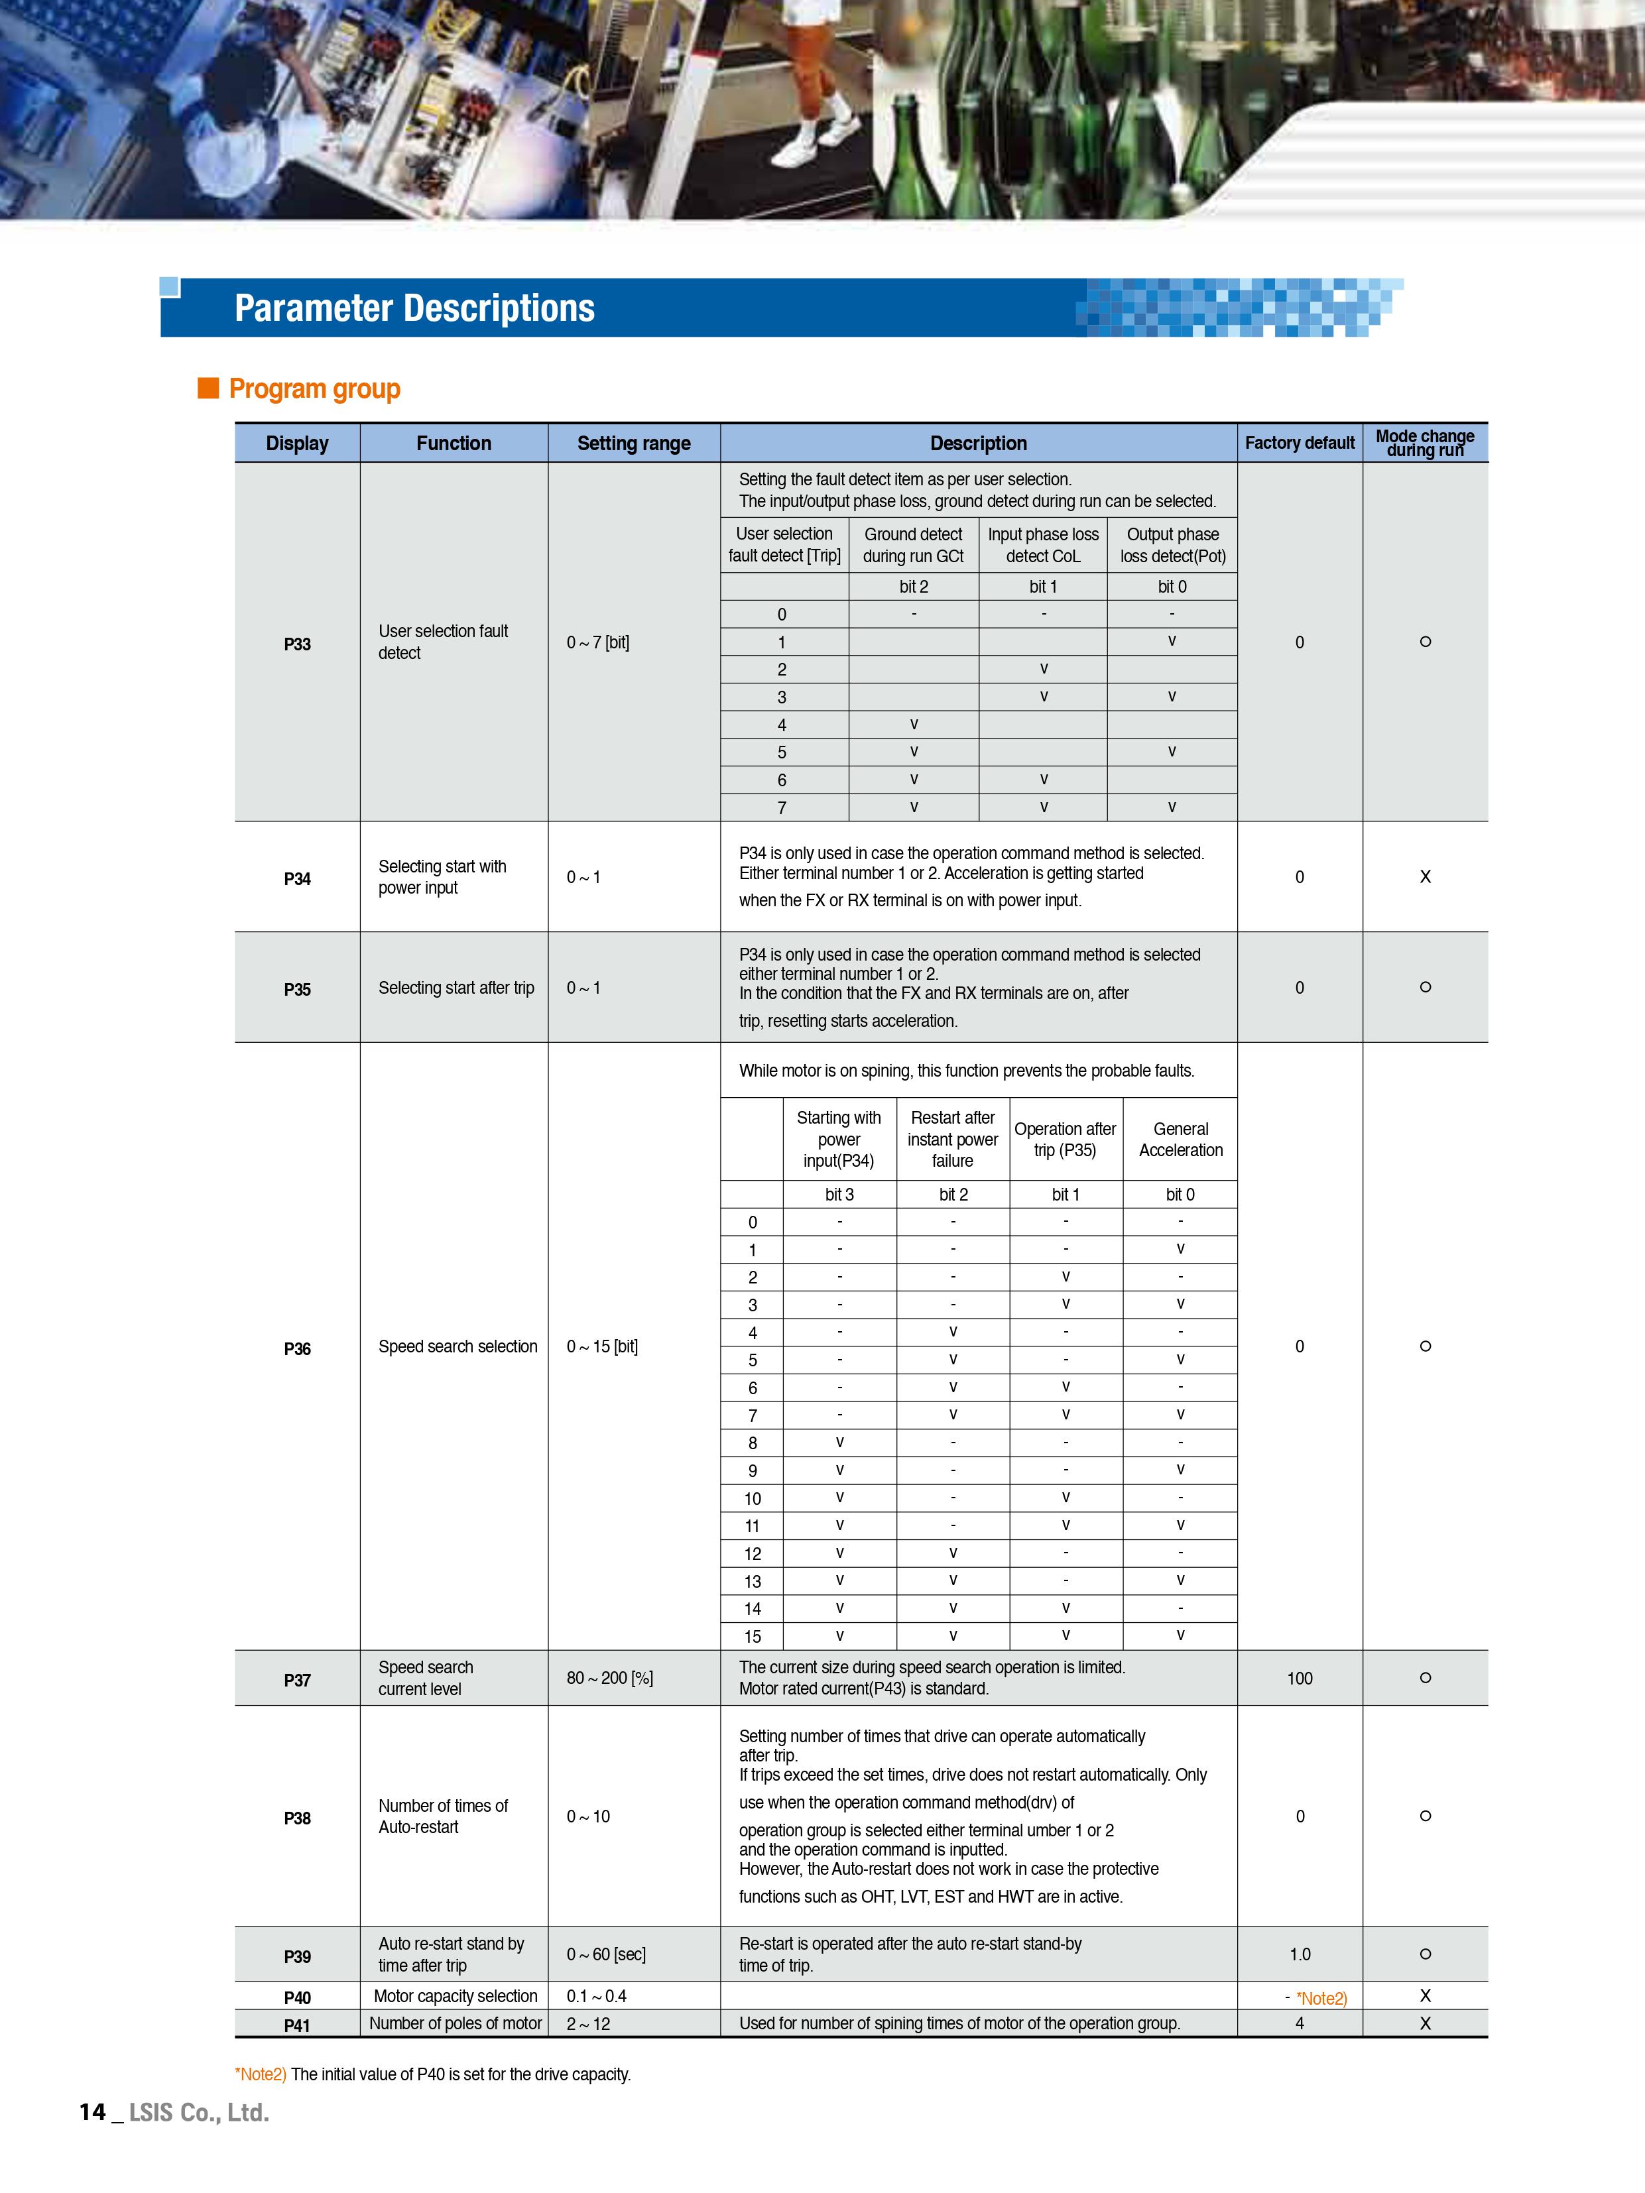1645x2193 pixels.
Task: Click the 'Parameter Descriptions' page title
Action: point(414,308)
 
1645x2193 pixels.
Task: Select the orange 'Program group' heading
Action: point(314,388)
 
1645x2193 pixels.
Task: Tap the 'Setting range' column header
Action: point(634,443)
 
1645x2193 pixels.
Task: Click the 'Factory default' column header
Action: point(1299,443)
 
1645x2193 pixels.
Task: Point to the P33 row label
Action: point(298,644)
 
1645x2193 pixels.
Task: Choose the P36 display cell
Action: point(298,1348)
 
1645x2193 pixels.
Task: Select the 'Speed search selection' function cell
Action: point(457,1346)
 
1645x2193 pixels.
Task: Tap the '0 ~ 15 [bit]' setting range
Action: point(602,1346)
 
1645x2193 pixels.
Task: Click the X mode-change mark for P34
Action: point(1425,876)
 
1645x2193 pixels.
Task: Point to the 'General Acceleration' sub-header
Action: point(1180,1139)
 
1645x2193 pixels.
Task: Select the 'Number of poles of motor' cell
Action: point(455,2023)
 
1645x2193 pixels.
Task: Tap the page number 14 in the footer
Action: point(92,2113)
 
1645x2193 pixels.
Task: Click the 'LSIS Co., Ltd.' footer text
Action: point(198,2113)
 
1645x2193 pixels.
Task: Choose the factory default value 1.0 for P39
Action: point(1299,1954)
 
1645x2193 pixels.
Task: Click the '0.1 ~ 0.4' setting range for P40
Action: point(596,1995)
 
